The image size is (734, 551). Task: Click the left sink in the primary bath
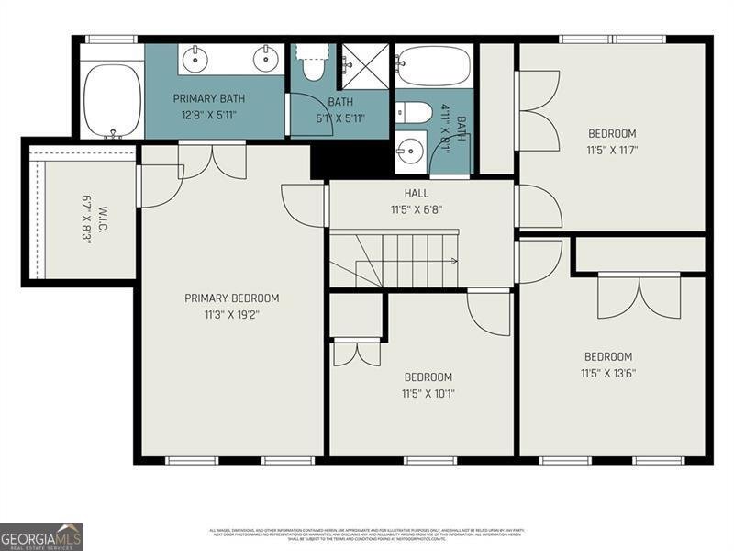[195, 60]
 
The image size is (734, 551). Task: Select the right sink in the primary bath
[265, 60]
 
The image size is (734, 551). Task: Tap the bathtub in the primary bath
[111, 98]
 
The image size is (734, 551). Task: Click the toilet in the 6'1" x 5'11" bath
[313, 65]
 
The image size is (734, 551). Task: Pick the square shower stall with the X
[364, 65]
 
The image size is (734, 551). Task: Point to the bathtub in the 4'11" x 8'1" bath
[434, 66]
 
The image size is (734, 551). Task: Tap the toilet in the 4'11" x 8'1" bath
[415, 112]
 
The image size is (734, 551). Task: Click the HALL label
[417, 193]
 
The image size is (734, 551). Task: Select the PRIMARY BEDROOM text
[231, 298]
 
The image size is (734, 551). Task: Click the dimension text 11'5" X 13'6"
[607, 373]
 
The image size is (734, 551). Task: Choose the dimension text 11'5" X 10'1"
[428, 393]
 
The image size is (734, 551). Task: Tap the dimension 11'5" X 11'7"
[612, 150]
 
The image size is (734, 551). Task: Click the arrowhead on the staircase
[454, 261]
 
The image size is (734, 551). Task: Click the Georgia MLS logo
[41, 536]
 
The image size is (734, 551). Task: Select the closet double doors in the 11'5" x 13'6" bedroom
[639, 295]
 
